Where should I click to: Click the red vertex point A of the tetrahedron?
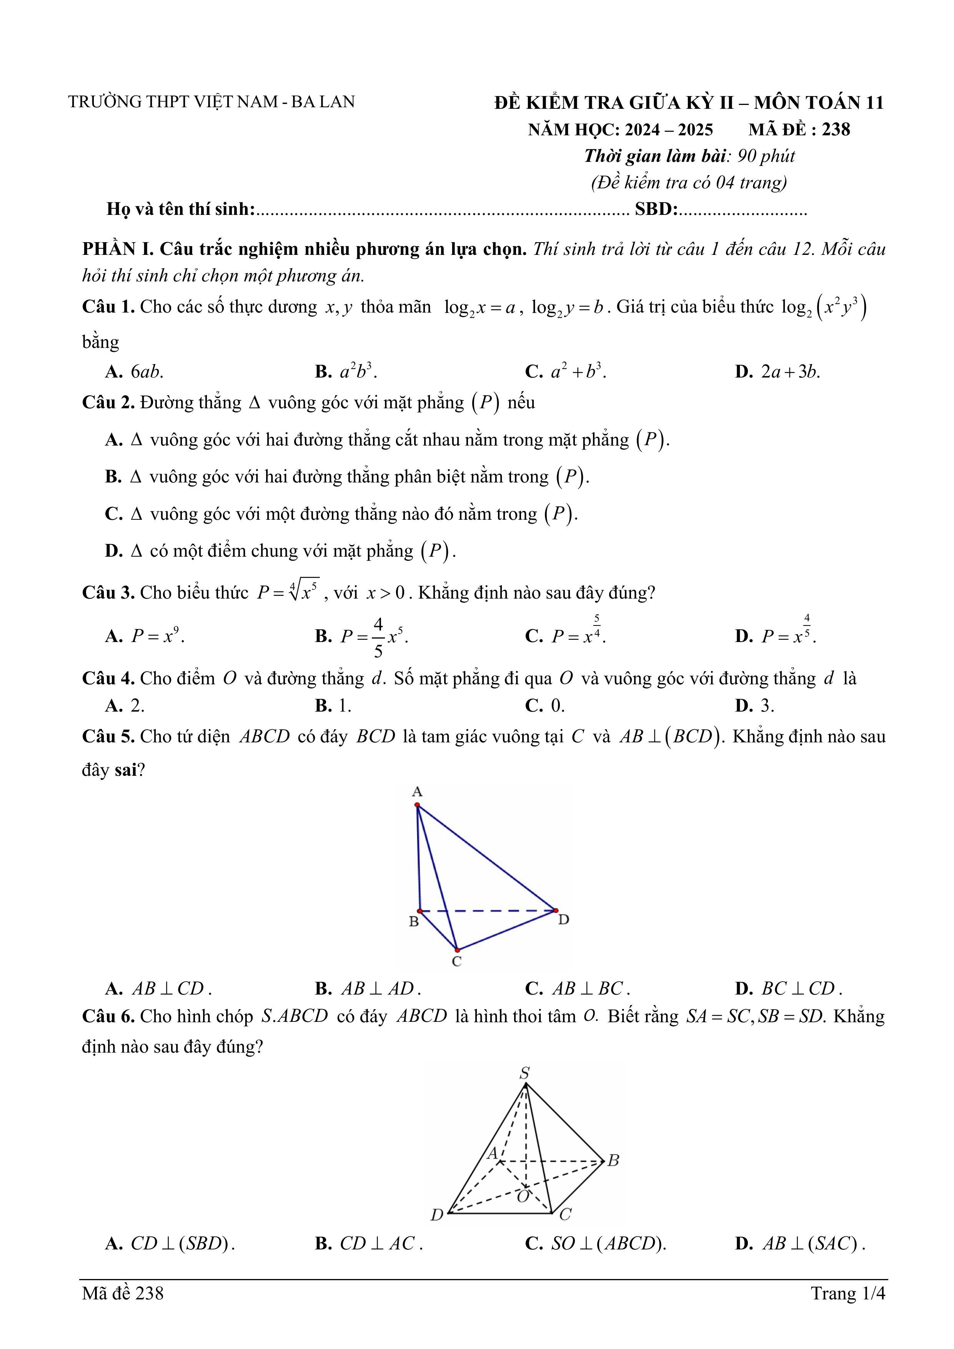(417, 805)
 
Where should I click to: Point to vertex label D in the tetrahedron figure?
(563, 920)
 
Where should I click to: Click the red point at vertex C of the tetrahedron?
(457, 950)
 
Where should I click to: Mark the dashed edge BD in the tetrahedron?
(488, 911)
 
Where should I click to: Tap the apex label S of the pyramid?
(524, 1073)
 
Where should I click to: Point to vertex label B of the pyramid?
(613, 1160)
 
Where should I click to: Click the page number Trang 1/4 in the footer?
(847, 1293)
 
